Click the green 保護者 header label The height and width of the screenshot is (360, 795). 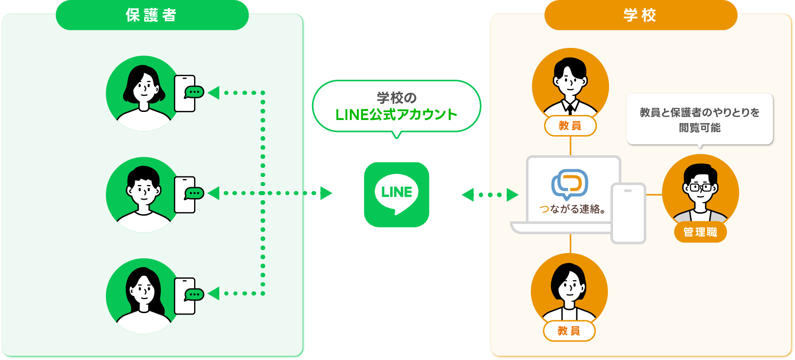[152, 15]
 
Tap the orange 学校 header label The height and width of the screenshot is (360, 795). [640, 15]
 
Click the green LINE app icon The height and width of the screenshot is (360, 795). [397, 194]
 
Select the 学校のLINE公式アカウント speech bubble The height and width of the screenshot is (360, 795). [397, 106]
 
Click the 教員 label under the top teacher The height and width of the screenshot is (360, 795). [570, 126]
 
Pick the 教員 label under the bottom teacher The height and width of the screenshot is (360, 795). [569, 331]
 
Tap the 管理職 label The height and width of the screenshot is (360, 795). [700, 232]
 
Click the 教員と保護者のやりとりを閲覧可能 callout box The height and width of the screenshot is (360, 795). [700, 119]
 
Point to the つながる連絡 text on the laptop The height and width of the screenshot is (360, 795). [572, 209]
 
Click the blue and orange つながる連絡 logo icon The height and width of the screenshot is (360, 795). [570, 184]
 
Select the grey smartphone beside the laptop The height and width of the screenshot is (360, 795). [628, 213]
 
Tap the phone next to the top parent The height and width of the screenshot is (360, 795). [184, 93]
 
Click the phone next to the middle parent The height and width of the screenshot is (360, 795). [184, 195]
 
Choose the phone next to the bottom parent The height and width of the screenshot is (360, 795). [184, 296]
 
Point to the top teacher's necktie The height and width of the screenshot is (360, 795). [571, 107]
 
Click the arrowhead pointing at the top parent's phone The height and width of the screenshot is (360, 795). [214, 93]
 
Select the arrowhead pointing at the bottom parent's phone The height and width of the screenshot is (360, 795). [214, 293]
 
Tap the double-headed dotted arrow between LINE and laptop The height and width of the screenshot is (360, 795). [490, 195]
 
